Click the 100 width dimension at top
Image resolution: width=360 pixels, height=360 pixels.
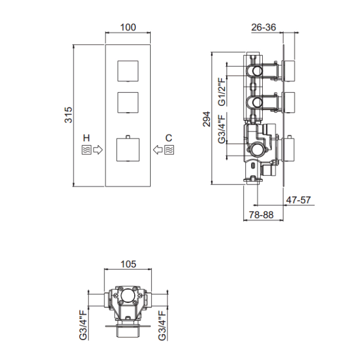(x=128, y=27)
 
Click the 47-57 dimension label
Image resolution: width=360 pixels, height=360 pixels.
(x=298, y=200)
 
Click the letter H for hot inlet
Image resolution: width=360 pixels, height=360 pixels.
(x=86, y=138)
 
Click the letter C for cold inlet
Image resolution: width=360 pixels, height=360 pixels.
(x=169, y=138)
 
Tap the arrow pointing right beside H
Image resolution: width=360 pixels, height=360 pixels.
(x=98, y=150)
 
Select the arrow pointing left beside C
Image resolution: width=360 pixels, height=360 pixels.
(x=158, y=150)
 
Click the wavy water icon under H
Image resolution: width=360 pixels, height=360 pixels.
(x=86, y=150)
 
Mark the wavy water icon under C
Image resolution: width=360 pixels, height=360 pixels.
(x=169, y=150)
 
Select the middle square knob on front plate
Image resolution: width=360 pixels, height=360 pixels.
(x=128, y=101)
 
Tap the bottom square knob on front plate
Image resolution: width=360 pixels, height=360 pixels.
(x=128, y=149)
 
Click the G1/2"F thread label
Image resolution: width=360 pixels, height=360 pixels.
(x=222, y=92)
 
